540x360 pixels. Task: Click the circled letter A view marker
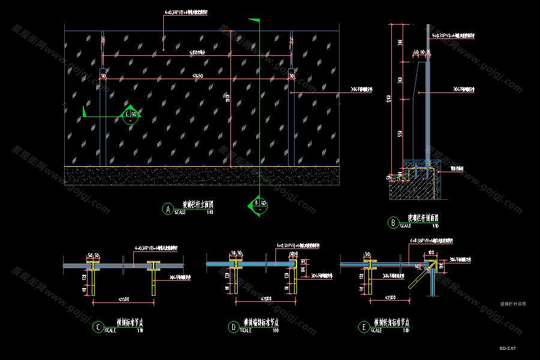[x=168, y=209]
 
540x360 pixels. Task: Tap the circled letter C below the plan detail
[x=97, y=327]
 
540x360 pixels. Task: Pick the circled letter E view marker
[x=364, y=327]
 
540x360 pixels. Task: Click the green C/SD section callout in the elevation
[x=130, y=114]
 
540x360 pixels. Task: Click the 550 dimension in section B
[x=400, y=133]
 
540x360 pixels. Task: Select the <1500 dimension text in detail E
[x=390, y=298]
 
